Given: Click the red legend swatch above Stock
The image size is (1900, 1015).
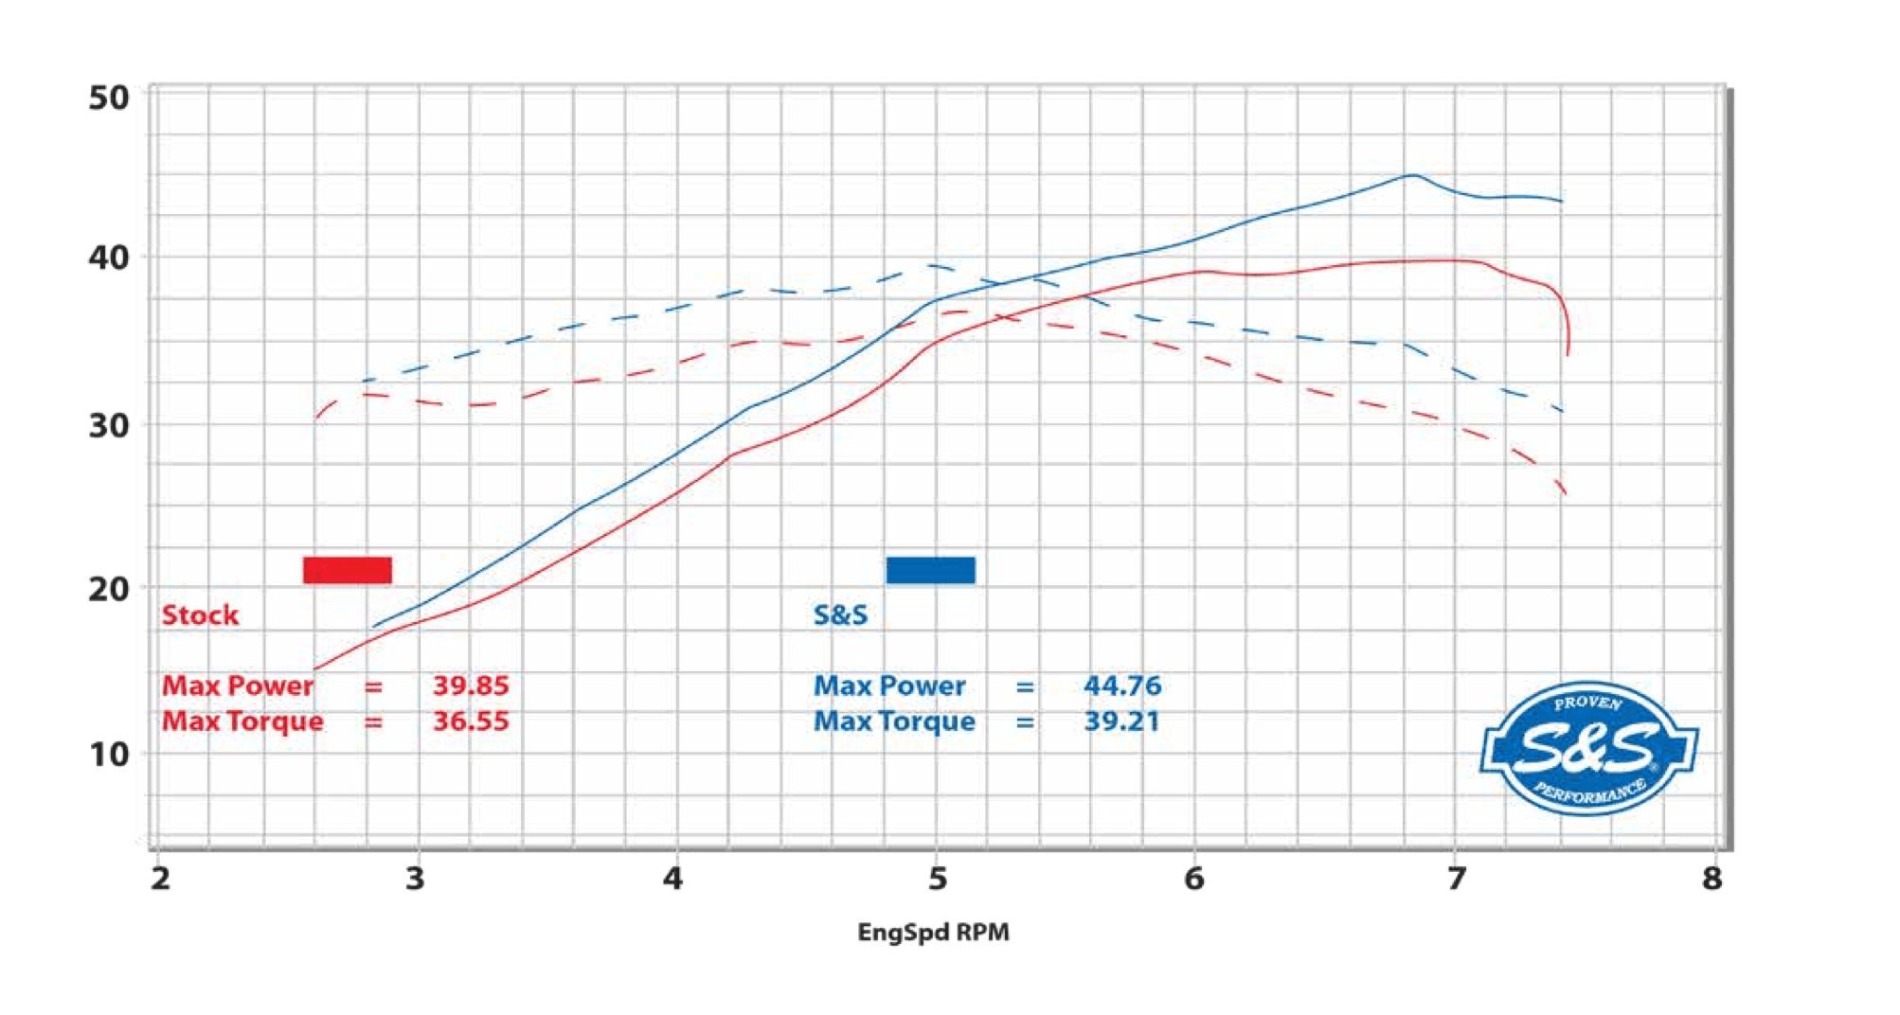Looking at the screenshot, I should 347,570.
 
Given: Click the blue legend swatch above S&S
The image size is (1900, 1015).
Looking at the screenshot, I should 930,570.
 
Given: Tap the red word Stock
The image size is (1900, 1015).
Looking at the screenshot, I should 200,615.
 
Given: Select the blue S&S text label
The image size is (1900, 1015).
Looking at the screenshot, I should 840,615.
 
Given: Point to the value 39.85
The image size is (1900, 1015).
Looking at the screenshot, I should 471,686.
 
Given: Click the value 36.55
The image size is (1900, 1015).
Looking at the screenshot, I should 471,721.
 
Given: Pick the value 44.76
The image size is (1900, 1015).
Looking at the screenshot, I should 1122,686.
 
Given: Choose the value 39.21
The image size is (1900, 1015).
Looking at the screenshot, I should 1121,721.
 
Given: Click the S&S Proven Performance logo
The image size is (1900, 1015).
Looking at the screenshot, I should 1588,749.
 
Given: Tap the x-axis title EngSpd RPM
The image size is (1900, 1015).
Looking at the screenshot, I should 933,933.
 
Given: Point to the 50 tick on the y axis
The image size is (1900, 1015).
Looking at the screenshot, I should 109,98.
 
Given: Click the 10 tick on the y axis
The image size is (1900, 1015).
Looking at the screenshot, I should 109,755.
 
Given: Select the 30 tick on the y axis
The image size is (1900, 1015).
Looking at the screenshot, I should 109,426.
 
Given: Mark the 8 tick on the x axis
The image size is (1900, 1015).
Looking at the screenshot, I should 1712,879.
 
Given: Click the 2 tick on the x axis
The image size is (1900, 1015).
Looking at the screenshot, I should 160,879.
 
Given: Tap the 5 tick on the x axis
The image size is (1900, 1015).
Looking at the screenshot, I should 937,879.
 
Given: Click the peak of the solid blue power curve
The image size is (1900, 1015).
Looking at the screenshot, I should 1412,175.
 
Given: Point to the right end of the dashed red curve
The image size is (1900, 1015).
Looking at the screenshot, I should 1566,493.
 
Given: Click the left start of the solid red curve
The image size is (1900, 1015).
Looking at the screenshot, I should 315,669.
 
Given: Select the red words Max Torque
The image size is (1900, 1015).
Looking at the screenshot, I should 242,721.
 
